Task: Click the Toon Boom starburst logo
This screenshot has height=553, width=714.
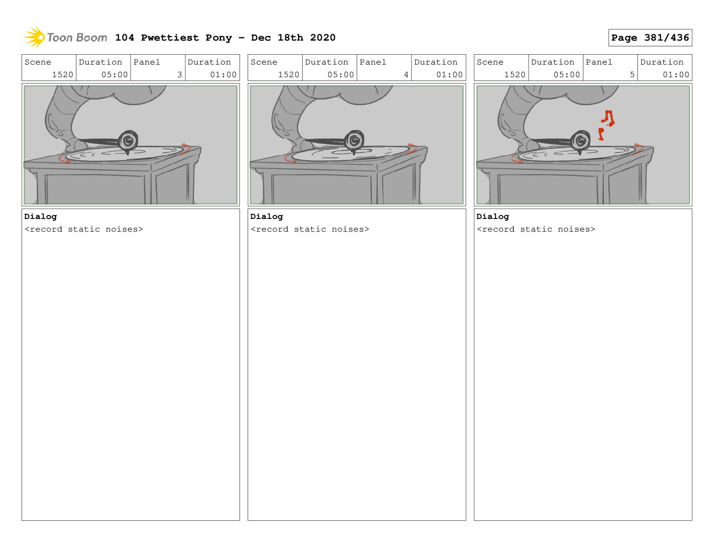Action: point(34,37)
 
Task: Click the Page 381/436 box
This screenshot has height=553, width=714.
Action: point(649,38)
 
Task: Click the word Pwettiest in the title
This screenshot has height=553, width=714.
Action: point(170,38)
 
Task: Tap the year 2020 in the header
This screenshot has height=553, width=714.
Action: point(323,38)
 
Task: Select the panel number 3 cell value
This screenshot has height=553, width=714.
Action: point(180,74)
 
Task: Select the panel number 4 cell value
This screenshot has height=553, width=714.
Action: point(406,74)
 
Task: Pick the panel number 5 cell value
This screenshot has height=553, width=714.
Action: point(632,74)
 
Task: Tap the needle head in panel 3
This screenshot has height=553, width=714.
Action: point(129,140)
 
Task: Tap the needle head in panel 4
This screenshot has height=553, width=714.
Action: point(355,140)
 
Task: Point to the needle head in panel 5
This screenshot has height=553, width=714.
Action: point(580,141)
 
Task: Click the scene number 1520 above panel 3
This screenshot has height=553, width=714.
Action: point(62,74)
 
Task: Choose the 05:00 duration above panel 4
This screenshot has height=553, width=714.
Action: point(340,74)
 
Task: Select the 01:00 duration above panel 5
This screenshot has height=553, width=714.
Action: point(676,74)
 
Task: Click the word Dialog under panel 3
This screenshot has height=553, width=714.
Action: point(41,217)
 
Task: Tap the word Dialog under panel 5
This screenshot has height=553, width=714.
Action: point(492,217)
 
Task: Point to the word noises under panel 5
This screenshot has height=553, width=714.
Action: point(574,229)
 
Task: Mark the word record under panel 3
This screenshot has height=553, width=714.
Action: point(46,229)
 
